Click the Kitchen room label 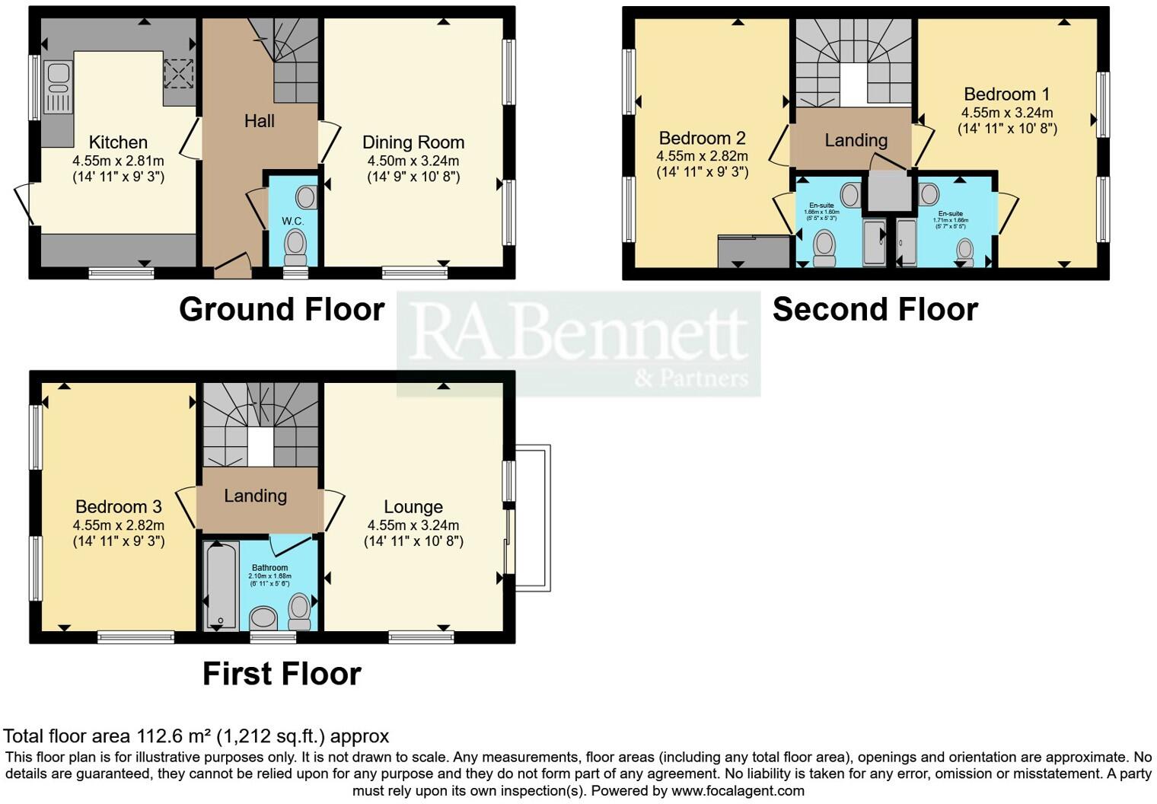click(x=118, y=142)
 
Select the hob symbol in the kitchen click(x=178, y=74)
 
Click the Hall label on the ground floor click(x=259, y=121)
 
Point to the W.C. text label click(x=292, y=221)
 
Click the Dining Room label click(x=413, y=142)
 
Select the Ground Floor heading click(x=282, y=309)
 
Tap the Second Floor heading click(x=875, y=309)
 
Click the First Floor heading click(x=282, y=674)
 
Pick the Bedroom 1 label click(x=1006, y=94)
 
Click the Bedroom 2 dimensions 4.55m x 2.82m click(x=702, y=156)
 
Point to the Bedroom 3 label click(x=118, y=507)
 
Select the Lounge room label click(x=413, y=507)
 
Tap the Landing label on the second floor click(x=856, y=140)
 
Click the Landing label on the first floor click(x=255, y=496)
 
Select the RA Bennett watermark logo click(x=578, y=343)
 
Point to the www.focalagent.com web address click(x=738, y=790)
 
